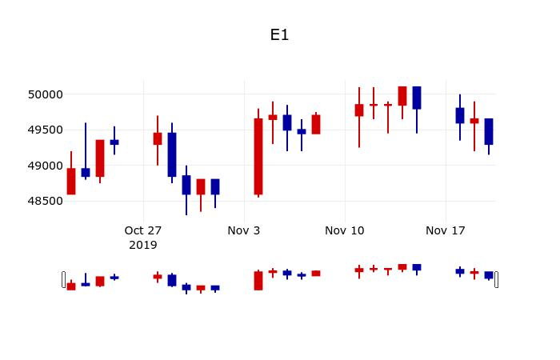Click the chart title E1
click(279, 35)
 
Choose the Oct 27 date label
click(143, 230)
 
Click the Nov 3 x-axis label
click(244, 230)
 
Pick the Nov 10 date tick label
click(345, 230)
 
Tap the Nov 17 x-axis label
click(446, 230)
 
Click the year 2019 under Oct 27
click(143, 245)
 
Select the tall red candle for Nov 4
click(258, 156)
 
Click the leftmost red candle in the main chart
click(71, 181)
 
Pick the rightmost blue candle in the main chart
click(489, 132)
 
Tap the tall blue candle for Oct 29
click(172, 154)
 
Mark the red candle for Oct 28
click(158, 138)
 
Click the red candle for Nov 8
click(316, 124)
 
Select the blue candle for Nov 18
click(460, 115)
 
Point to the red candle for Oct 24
click(100, 158)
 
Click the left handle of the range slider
click(64, 279)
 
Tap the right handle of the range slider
click(496, 279)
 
